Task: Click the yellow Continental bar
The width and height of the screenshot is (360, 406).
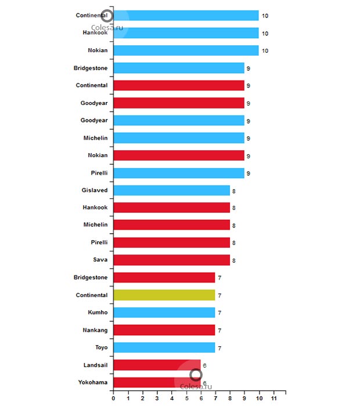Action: coord(164,295)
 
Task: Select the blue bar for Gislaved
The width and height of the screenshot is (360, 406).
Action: coord(171,190)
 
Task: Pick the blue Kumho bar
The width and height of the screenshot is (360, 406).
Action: coord(164,313)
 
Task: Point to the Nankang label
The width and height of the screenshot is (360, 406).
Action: coord(95,330)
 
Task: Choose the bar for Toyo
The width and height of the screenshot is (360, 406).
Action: coord(164,347)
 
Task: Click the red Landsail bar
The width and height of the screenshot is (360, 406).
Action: coord(157,365)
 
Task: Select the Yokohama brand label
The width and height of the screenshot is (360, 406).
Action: coord(93,382)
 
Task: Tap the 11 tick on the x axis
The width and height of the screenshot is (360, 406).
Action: coord(273,399)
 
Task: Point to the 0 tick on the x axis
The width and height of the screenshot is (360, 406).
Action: coord(113,399)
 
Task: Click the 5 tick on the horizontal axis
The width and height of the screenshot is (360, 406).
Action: coord(186,399)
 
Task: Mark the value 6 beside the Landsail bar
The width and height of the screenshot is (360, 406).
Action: coord(204,365)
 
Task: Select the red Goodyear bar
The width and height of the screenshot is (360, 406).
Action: coord(178,103)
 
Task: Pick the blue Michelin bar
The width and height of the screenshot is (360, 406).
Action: coord(178,138)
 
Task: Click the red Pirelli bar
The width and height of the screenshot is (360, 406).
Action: coord(171,242)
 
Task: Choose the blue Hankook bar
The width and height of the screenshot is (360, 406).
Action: coord(186,33)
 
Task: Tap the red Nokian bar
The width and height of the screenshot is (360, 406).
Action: coord(178,155)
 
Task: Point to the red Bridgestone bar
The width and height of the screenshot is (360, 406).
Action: coord(164,278)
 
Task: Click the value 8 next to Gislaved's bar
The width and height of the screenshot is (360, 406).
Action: coord(233,191)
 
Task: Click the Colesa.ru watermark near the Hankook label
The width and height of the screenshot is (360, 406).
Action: coord(107,26)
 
